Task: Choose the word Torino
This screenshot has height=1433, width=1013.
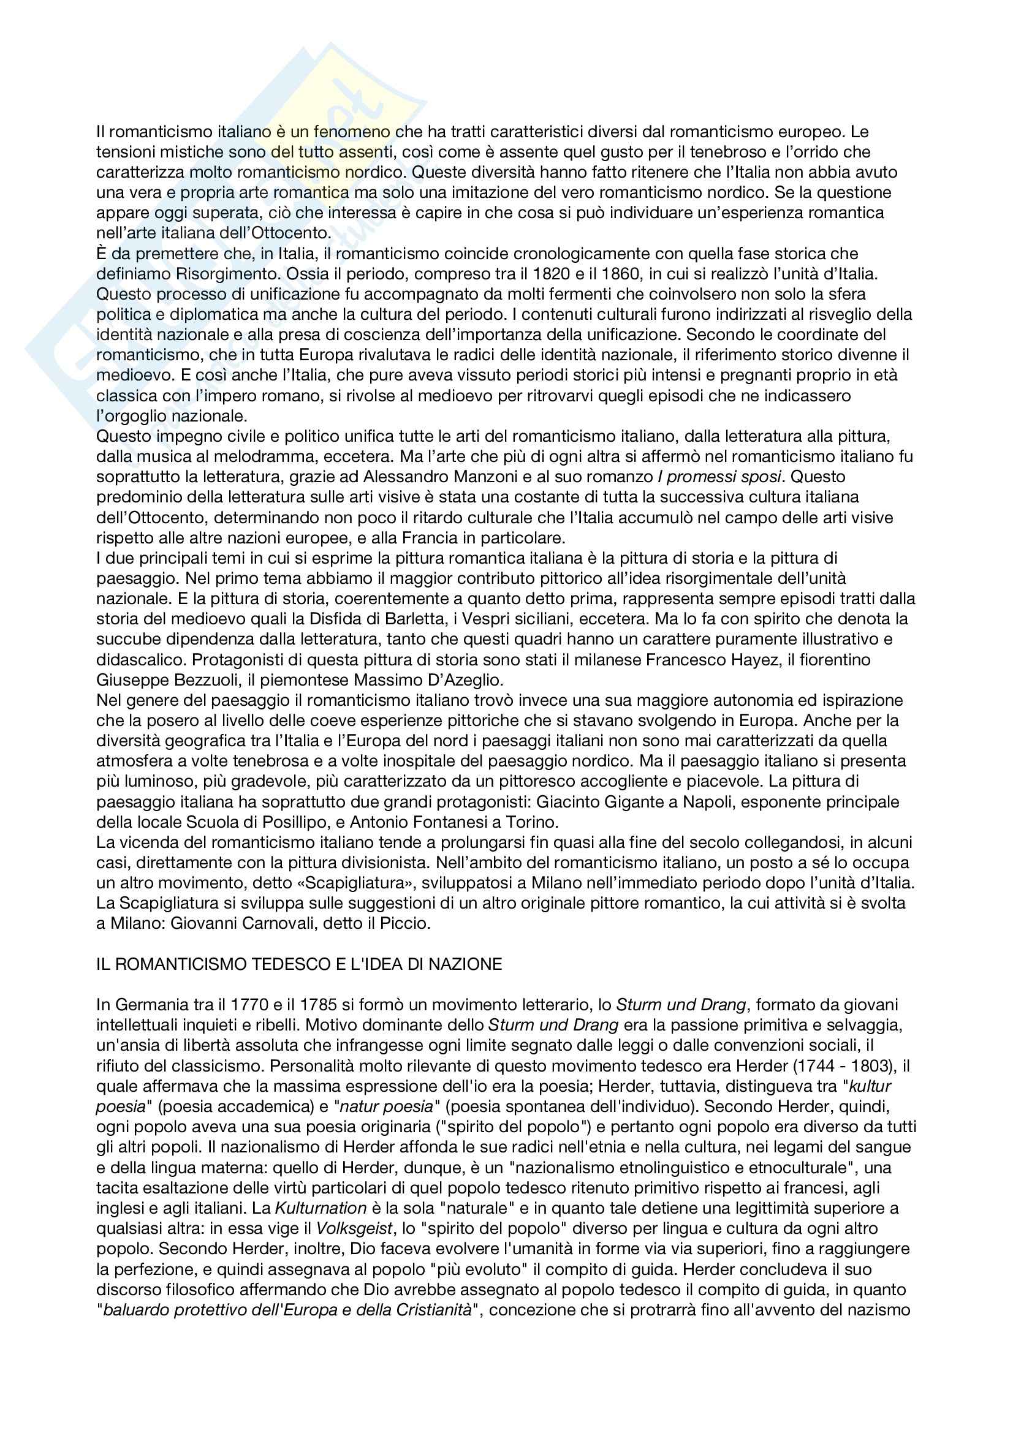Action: (x=533, y=822)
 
